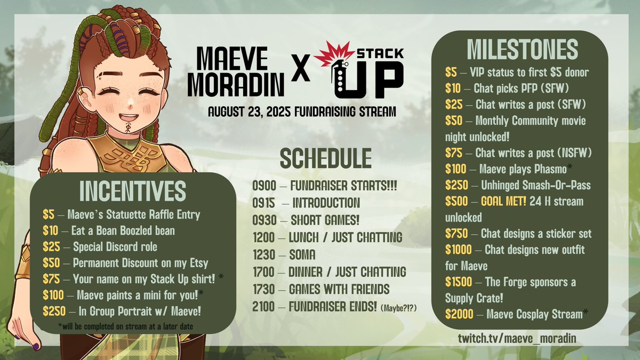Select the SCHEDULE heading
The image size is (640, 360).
pos(325,158)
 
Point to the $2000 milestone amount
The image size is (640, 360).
pos(459,314)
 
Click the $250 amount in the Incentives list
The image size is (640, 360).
pos(53,312)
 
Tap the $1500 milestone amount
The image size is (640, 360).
pos(459,282)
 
